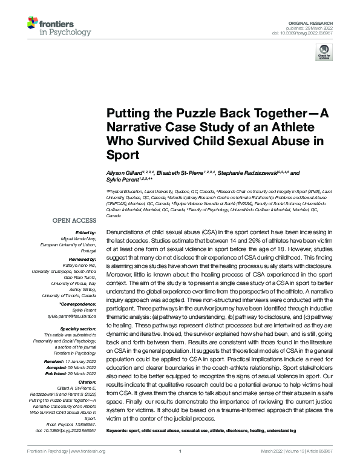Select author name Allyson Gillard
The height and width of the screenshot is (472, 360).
[123, 173]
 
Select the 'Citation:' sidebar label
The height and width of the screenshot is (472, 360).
[88, 364]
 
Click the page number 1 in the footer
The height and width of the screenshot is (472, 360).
[180, 451]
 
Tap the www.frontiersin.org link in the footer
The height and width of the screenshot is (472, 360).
[88, 451]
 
